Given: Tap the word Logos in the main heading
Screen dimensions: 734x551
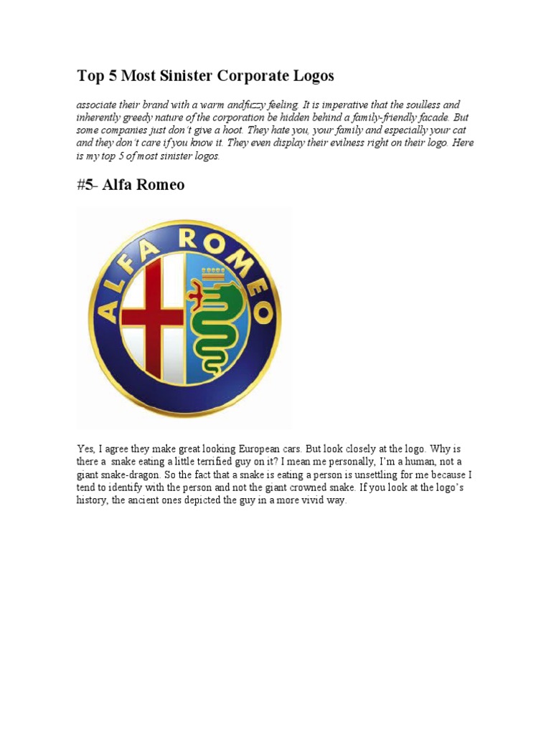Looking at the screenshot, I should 311,75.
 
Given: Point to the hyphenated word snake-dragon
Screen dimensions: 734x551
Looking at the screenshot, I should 112,475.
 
